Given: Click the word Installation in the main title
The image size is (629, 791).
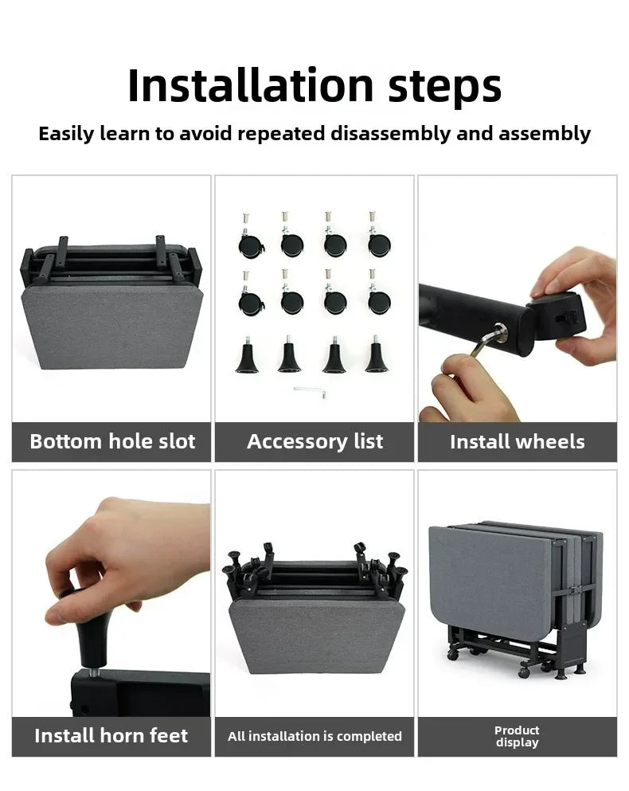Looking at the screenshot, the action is click(251, 85).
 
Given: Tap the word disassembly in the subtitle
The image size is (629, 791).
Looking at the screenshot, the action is click(390, 134).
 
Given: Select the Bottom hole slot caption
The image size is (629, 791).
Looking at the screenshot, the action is click(112, 441).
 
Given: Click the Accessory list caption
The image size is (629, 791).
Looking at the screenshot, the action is click(314, 441).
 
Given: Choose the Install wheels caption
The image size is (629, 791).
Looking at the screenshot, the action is click(517, 442).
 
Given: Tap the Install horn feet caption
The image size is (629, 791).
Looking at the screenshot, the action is click(111, 735).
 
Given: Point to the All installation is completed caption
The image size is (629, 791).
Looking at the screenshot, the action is click(314, 736).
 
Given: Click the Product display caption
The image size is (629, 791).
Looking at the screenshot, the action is click(517, 737).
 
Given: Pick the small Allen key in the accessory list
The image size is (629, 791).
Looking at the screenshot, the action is click(311, 391).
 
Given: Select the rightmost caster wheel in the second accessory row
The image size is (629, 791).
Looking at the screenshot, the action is click(378, 294).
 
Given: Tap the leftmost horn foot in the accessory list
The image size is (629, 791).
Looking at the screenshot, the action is click(247, 355).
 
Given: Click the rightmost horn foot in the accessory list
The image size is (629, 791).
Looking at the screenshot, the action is click(377, 354).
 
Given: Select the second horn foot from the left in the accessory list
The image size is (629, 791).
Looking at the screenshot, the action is click(290, 354).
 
